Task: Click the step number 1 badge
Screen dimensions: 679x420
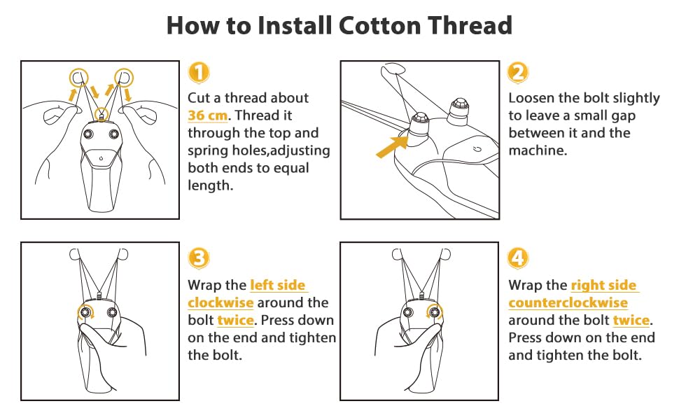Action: coord(199,72)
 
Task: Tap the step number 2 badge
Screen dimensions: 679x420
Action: coord(518,72)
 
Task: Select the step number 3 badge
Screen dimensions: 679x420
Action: coord(199,258)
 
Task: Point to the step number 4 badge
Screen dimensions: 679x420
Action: coord(518,258)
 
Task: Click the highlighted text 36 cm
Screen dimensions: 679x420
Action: coord(207,115)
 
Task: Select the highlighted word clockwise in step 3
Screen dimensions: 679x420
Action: coord(220,302)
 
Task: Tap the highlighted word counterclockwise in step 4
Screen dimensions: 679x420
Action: coord(568,302)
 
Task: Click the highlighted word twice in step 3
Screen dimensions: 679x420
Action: coord(235,321)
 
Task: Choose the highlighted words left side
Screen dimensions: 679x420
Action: coord(278,286)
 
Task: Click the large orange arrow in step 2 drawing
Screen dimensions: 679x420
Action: coord(392,146)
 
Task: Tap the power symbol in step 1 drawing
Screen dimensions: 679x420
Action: coord(101,158)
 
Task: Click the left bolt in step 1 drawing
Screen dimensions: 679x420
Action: coord(88,134)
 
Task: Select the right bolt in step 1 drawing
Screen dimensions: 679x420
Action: coord(114,134)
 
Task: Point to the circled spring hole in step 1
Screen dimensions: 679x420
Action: coord(101,114)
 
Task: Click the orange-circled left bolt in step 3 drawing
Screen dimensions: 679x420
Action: coord(85,311)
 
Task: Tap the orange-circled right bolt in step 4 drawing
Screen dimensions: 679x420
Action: coord(434,311)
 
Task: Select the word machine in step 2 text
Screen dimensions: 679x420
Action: coord(538,150)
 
